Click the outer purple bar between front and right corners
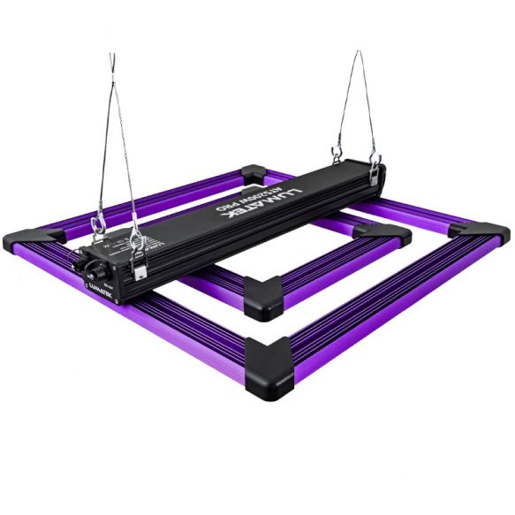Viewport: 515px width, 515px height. [x=380, y=297]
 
